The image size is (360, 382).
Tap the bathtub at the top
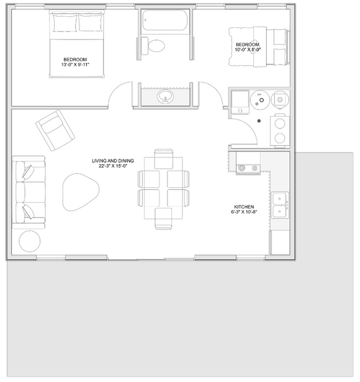[165, 20]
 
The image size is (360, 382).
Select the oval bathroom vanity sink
[165, 97]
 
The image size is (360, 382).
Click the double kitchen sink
[280, 205]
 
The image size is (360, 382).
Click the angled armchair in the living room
[55, 130]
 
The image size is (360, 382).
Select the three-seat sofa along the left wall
[29, 192]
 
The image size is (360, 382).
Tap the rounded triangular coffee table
[81, 192]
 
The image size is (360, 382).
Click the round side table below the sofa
[29, 241]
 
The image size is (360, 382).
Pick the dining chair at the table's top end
[164, 159]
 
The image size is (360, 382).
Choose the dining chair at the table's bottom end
[163, 219]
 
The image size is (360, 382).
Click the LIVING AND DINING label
[113, 161]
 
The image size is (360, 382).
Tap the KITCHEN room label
[244, 207]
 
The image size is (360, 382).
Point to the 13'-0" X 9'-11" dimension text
[75, 65]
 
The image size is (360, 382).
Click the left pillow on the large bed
[65, 23]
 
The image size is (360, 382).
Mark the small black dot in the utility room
[259, 121]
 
